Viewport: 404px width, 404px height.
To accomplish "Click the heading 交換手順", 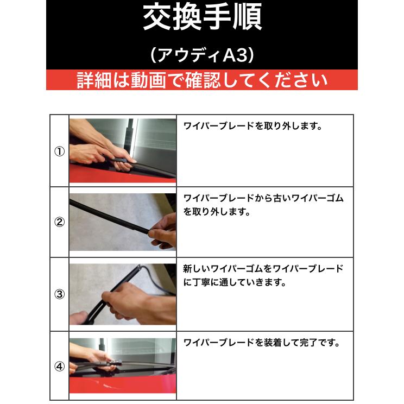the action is point(203,17).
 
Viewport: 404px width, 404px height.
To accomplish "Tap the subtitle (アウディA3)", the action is point(202,55).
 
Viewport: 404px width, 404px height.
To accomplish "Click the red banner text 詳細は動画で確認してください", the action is point(202,80).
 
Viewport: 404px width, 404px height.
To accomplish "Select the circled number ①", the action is point(60,151).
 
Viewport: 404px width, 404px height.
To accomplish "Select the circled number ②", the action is point(60,222).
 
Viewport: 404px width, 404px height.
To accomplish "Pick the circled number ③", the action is point(60,294).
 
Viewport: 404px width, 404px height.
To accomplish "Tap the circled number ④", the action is point(60,366).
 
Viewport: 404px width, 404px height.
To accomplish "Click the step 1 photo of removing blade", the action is point(123,151).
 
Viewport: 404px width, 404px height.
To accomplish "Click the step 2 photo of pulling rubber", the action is point(123,222).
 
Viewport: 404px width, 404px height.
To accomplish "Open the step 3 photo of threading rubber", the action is point(123,294).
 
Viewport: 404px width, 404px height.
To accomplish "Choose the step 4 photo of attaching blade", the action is point(123,366).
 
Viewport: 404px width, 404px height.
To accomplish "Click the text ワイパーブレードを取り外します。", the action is point(252,126).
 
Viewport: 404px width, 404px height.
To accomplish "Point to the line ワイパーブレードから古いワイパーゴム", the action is point(263,198).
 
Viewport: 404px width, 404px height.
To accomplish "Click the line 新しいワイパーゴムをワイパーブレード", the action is point(263,269).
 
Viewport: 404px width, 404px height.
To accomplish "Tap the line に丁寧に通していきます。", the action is point(235,282).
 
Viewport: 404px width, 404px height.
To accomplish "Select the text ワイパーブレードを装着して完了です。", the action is point(262,343).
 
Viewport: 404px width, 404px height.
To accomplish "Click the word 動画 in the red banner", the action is point(148,80).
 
